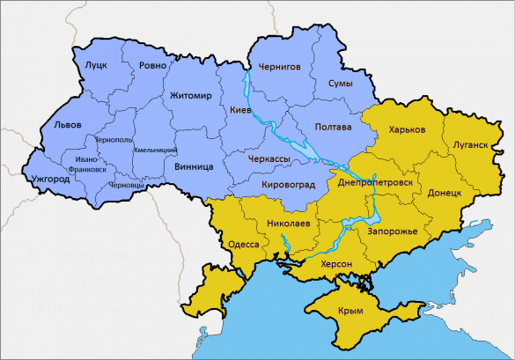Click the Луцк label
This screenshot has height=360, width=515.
point(96,65)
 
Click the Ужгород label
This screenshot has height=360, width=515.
point(49,179)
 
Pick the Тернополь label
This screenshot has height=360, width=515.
point(113,140)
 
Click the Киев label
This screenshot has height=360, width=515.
point(240,110)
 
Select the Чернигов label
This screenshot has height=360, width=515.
point(279,66)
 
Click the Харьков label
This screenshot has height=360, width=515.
point(407,129)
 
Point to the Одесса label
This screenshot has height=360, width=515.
point(243,244)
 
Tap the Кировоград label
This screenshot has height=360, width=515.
point(292,185)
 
